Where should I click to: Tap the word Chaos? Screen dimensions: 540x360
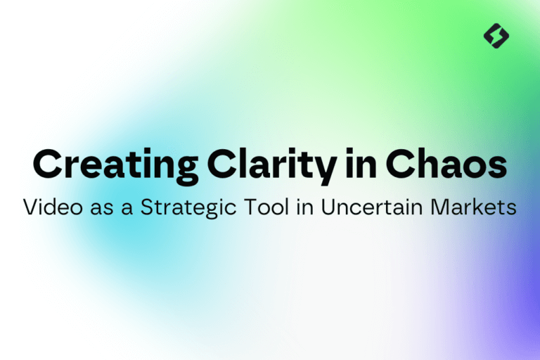click(x=446, y=164)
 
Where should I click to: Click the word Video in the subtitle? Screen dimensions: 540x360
click(x=53, y=206)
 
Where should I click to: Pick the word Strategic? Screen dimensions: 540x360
click(x=188, y=207)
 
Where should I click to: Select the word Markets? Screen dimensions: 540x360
click(x=473, y=206)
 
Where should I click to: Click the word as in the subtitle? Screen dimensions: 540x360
click(x=102, y=209)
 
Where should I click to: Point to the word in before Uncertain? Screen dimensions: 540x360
click(x=304, y=207)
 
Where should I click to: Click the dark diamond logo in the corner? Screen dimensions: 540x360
click(x=496, y=36)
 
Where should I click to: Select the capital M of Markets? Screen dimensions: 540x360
click(x=439, y=207)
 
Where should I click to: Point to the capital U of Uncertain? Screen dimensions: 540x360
click(x=328, y=207)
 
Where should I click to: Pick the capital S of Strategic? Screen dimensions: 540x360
click(x=148, y=207)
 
